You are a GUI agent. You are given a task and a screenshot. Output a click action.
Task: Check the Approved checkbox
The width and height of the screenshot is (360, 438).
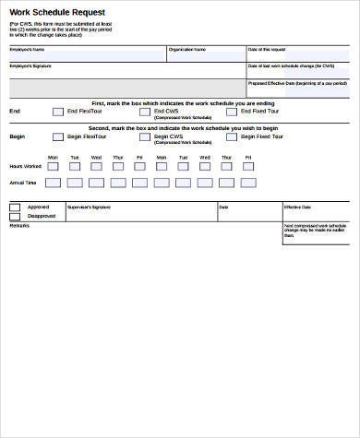point(13,208)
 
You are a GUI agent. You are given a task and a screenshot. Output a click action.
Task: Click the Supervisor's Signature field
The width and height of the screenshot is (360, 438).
point(138,212)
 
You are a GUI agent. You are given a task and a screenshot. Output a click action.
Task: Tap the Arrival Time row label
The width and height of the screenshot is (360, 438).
point(23,183)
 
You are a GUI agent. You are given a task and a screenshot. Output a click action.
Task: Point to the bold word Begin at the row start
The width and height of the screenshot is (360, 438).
point(17,137)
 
